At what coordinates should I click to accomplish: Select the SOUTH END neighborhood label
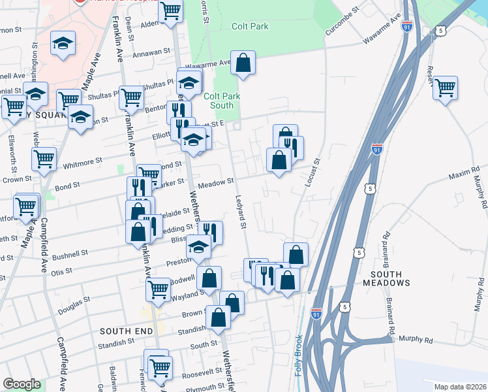[x=127, y=332]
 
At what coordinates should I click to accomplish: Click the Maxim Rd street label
[x=464, y=176]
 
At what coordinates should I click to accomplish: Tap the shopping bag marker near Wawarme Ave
[x=243, y=64]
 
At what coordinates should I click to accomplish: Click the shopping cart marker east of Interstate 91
[x=445, y=88]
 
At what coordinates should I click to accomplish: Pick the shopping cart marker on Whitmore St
[x=44, y=159]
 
